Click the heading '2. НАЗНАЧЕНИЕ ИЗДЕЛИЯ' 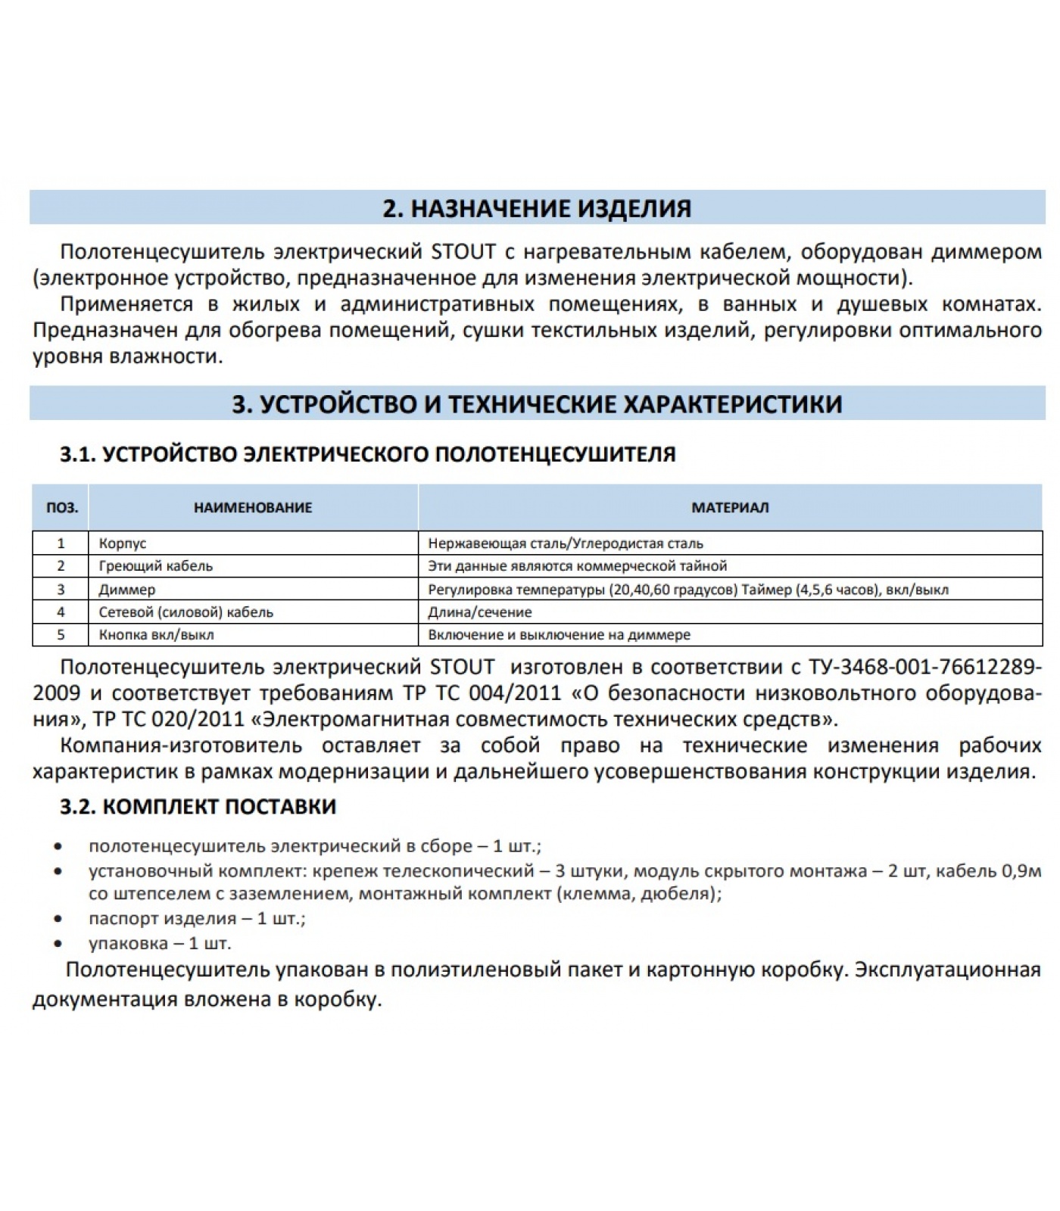537,208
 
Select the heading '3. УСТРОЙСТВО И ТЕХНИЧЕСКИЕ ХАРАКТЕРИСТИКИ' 537,403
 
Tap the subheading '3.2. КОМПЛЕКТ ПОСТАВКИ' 198,806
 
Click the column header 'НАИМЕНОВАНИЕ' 253,508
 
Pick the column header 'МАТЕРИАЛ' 730,508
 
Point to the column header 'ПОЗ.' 61,508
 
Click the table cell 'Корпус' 123,543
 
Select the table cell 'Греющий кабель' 156,566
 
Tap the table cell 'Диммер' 127,589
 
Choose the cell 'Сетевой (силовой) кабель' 186,612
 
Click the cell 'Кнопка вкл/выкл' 157,635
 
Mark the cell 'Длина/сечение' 480,612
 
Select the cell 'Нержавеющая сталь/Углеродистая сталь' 566,543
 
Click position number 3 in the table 61,589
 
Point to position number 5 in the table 61,635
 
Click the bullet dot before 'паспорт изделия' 58,919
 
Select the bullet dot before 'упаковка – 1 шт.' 58,944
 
